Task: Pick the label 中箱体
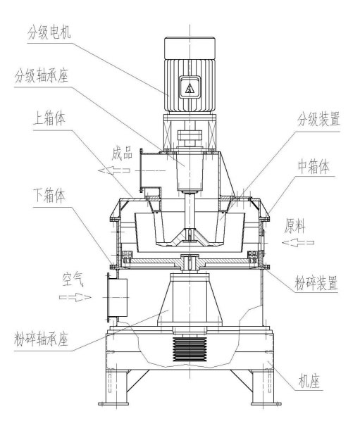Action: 318,169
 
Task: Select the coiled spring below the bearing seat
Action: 189,349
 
